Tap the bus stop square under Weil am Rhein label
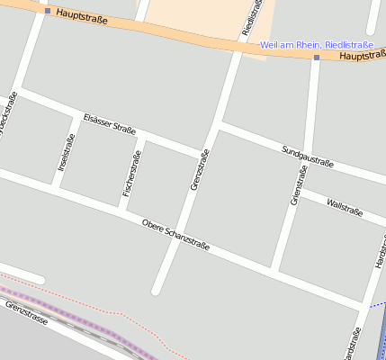[x=317, y=57]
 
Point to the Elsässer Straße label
[x=109, y=123]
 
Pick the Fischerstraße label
[x=131, y=174]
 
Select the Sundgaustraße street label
[x=307, y=157]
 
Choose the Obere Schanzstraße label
[x=175, y=234]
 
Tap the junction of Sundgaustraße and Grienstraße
[x=305, y=156]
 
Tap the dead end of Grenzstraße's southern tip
[x=157, y=291]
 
